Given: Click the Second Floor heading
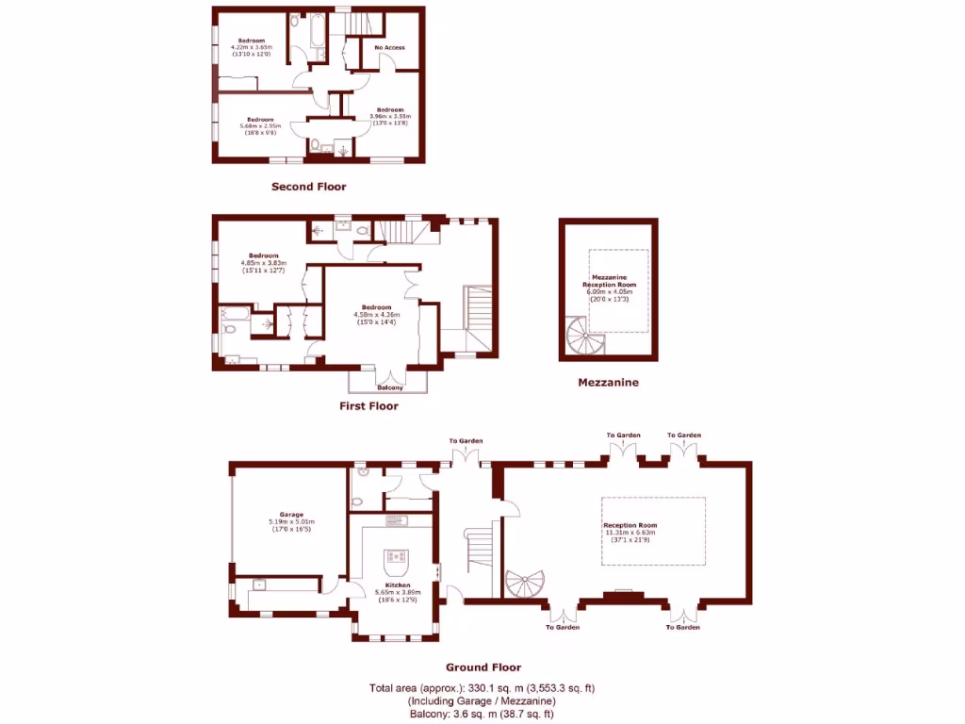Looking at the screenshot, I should pyautogui.click(x=308, y=187).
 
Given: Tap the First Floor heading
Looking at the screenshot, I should pyautogui.click(x=368, y=406).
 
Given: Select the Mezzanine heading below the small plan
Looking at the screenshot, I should pyautogui.click(x=608, y=383).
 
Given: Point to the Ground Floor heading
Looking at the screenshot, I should pyautogui.click(x=482, y=667).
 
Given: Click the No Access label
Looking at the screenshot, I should pyautogui.click(x=389, y=47).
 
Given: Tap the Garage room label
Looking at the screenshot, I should pyautogui.click(x=290, y=515).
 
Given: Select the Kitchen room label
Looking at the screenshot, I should pyautogui.click(x=397, y=585).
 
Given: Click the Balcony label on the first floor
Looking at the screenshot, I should pyautogui.click(x=389, y=387).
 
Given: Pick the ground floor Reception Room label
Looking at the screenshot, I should pyautogui.click(x=630, y=525).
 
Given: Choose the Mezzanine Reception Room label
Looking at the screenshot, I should pyautogui.click(x=608, y=281).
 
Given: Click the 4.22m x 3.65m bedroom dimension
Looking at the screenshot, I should pyautogui.click(x=252, y=47).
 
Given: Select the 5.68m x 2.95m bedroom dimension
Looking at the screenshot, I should pyautogui.click(x=259, y=125).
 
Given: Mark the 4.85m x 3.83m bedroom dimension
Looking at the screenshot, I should pyautogui.click(x=264, y=263).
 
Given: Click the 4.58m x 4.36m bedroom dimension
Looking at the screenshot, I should pyautogui.click(x=377, y=315).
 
